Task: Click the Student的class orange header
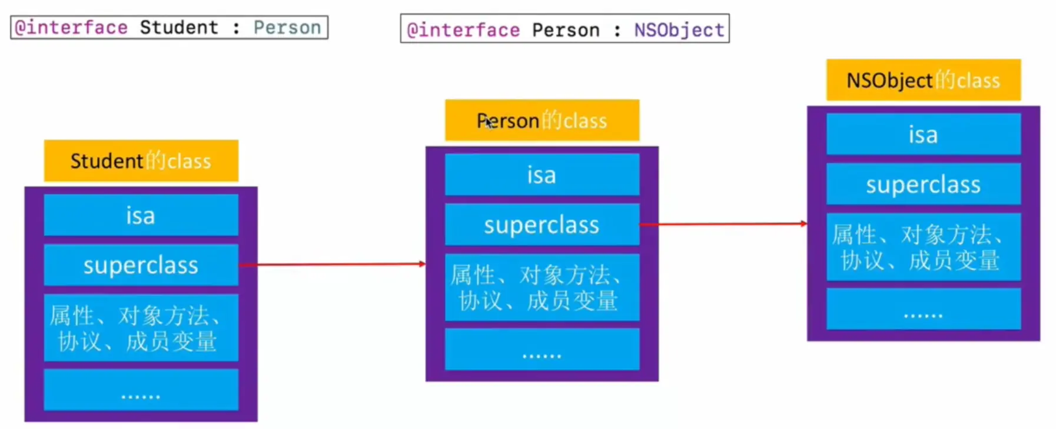click(141, 161)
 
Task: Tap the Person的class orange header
click(542, 120)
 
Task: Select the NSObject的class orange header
click(923, 80)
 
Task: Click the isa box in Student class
click(141, 216)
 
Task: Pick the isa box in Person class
click(542, 175)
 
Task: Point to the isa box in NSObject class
click(923, 135)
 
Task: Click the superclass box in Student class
click(141, 265)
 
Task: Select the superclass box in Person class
click(542, 225)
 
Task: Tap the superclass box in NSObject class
click(923, 184)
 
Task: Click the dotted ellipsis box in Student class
click(141, 390)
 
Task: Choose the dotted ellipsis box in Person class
click(542, 349)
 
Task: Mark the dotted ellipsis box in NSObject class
click(923, 309)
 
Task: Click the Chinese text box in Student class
click(141, 328)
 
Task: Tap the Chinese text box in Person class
click(542, 288)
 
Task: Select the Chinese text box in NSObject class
click(923, 247)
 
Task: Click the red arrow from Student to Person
click(333, 265)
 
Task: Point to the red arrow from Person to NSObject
click(724, 224)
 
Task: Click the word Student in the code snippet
click(179, 28)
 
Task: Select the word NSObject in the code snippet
click(679, 30)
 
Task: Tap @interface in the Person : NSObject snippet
click(464, 30)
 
